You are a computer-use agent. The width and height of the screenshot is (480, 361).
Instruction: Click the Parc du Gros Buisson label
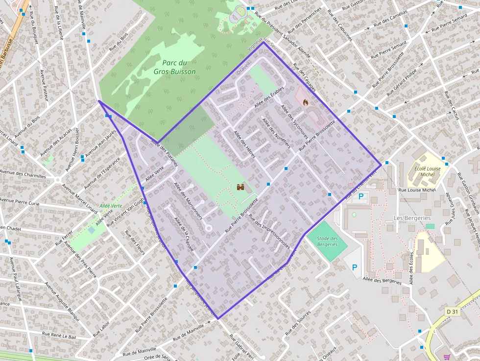pos(175,67)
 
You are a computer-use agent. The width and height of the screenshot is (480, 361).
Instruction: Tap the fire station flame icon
pos(306,102)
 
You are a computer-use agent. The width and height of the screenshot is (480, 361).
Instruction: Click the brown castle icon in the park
pos(240,187)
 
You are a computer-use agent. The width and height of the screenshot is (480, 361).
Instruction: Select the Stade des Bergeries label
pos(327,241)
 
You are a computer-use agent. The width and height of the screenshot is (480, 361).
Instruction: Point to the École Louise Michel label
pos(427,171)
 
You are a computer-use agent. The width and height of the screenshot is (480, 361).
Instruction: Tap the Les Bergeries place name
pos(412,218)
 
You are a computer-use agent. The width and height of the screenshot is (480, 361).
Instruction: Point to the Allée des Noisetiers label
pos(276,132)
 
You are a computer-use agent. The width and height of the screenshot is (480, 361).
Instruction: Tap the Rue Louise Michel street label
pos(417,190)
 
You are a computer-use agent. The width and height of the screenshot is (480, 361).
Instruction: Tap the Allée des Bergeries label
pos(382,280)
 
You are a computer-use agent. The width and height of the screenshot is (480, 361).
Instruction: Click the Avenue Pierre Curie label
pos(20,201)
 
